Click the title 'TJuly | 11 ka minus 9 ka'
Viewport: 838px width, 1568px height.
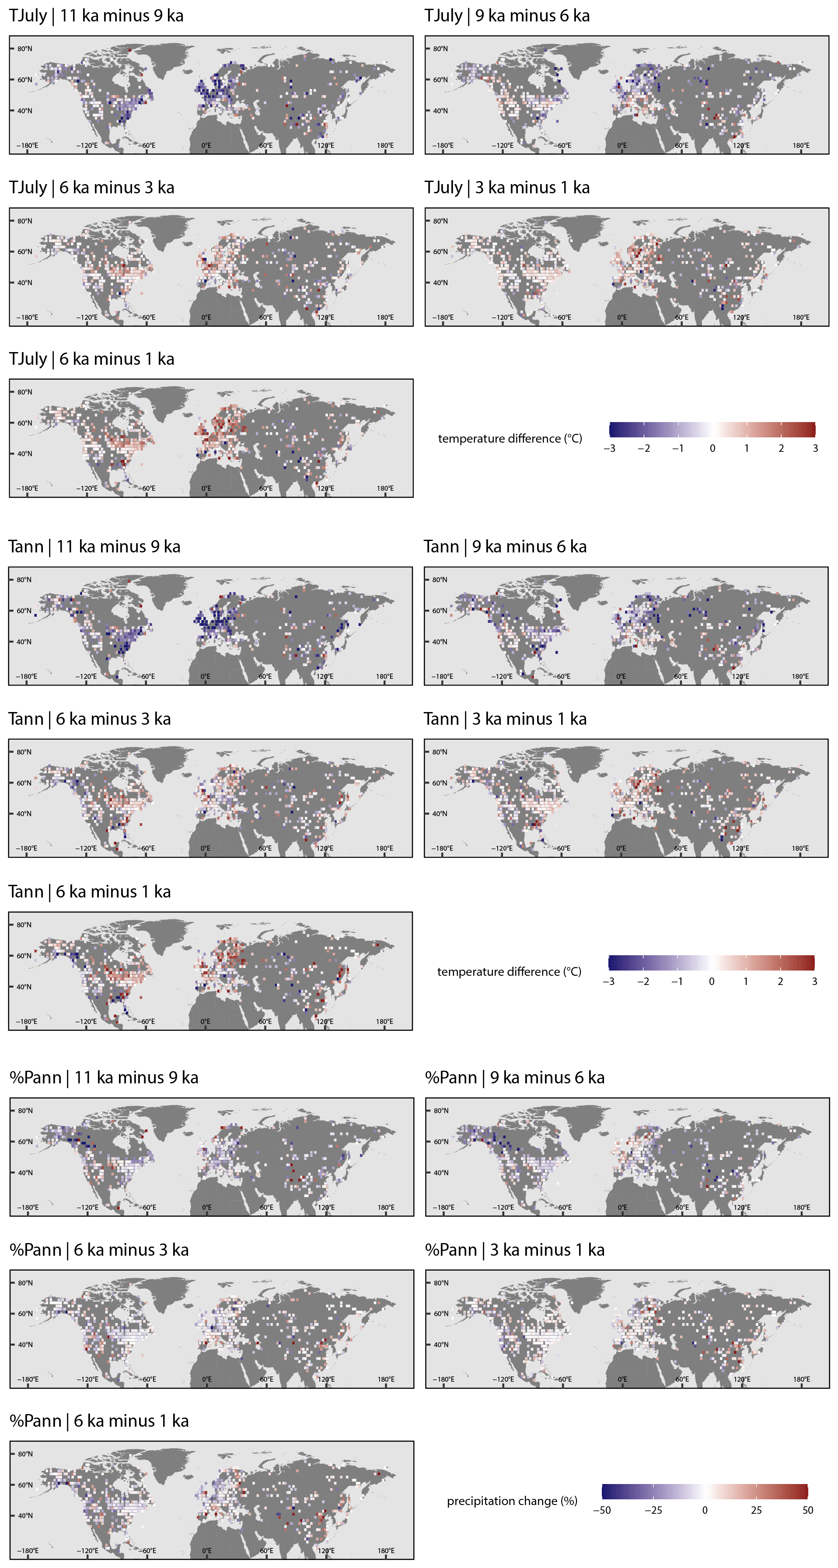(x=96, y=16)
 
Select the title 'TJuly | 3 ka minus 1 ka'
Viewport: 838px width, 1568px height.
(x=506, y=188)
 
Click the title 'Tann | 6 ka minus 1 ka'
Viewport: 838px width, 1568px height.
(x=90, y=892)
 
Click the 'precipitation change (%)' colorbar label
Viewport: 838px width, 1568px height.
(x=512, y=1501)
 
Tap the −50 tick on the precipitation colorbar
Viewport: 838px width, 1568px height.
(x=601, y=1510)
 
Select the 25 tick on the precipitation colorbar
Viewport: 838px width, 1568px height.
(x=756, y=1510)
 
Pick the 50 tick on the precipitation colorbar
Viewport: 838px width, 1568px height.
(x=807, y=1510)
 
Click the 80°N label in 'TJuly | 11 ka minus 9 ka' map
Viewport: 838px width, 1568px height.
(x=25, y=49)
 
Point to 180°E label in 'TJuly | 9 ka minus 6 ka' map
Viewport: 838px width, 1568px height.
(x=801, y=146)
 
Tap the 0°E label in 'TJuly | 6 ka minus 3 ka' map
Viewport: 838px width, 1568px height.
(x=206, y=318)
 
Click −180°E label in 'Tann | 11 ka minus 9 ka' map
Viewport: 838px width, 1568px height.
(x=26, y=677)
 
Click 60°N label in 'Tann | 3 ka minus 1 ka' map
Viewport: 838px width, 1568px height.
(x=440, y=783)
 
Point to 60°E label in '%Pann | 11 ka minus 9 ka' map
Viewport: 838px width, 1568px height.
(x=266, y=1208)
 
